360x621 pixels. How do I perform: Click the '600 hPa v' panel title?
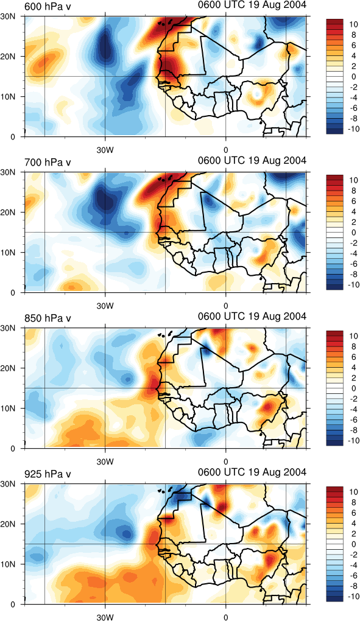coord(48,6)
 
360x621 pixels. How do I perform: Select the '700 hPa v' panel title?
coord(48,163)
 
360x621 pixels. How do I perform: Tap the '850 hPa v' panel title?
coord(48,318)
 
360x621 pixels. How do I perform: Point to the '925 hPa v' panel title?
coord(48,474)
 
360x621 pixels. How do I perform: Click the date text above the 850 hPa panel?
coord(252,317)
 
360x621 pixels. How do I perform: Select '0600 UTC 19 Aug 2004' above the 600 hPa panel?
coord(252,5)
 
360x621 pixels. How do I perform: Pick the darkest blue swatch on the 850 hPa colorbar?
coord(337,443)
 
